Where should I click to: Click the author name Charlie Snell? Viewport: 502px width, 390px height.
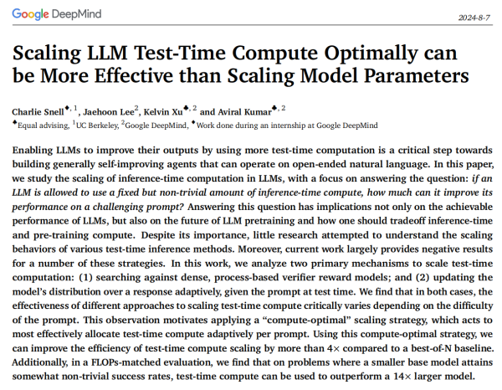coord(38,111)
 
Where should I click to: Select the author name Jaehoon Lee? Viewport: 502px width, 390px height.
coord(107,111)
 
